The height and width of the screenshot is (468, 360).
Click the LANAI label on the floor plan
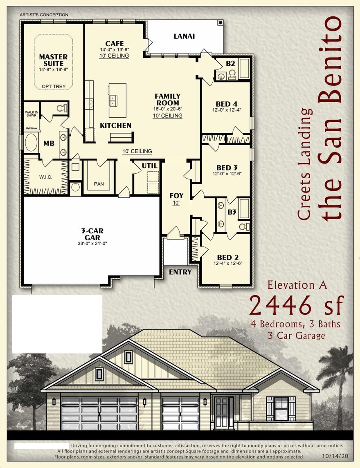[x=184, y=36]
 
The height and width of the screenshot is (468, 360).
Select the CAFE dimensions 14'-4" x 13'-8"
[x=114, y=50]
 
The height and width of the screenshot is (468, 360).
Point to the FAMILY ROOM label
[x=167, y=99]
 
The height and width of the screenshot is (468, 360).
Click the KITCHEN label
[x=116, y=125]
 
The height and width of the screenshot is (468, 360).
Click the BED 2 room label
[x=227, y=257]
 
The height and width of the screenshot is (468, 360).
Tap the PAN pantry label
[x=99, y=184]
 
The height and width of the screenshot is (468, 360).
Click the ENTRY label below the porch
[x=180, y=272]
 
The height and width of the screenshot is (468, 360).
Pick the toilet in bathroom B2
[x=232, y=74]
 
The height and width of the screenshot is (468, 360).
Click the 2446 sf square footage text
[x=296, y=305]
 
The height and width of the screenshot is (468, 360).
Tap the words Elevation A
[x=297, y=285]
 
